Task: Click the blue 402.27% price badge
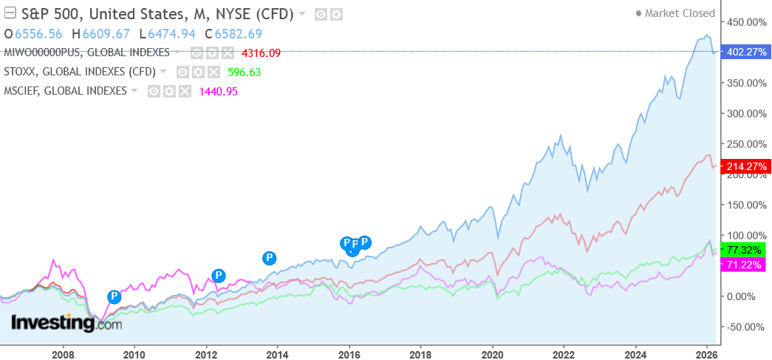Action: [743, 52]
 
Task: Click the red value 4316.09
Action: [261, 52]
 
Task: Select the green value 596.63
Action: [245, 72]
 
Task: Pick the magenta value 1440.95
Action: [218, 91]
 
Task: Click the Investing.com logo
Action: [66, 323]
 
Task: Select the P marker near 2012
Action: [218, 276]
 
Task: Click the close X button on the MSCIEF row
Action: [185, 91]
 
